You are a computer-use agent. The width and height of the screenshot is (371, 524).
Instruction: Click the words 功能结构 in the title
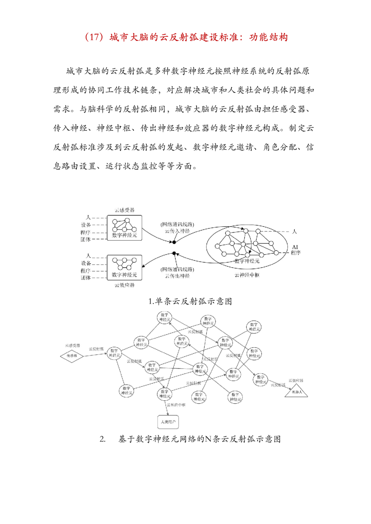click(x=269, y=37)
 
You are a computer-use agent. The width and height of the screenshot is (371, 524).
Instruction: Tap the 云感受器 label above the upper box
click(x=124, y=210)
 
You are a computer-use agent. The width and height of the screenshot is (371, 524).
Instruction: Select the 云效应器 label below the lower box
click(x=124, y=285)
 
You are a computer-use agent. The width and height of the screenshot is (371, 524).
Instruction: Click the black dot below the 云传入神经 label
click(x=174, y=242)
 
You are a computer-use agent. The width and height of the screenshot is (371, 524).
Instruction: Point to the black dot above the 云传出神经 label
click(x=174, y=254)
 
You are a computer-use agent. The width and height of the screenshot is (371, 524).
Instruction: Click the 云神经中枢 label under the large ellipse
click(x=247, y=275)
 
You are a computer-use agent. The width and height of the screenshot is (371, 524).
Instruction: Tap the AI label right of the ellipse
click(x=295, y=247)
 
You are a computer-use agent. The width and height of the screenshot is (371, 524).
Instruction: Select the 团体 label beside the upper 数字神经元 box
click(x=86, y=240)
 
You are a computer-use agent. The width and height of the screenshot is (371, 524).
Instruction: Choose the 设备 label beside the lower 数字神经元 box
click(x=86, y=263)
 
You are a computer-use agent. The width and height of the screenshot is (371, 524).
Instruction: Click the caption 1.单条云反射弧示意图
click(x=190, y=301)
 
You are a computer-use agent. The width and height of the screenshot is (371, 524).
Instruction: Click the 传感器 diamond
click(x=72, y=356)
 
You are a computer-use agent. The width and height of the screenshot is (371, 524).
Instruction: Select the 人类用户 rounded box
click(x=168, y=422)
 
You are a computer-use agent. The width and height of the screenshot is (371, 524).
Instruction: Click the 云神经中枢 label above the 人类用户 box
click(x=176, y=405)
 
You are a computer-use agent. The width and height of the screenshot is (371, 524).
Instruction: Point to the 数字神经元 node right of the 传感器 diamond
click(x=114, y=353)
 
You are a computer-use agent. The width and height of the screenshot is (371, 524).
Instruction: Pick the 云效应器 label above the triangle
click(x=296, y=381)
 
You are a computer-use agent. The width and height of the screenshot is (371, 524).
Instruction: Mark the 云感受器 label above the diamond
click(x=72, y=346)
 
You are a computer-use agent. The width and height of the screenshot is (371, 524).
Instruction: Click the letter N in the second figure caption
click(x=208, y=439)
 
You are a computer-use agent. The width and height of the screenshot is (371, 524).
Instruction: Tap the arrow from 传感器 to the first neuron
click(x=95, y=354)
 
